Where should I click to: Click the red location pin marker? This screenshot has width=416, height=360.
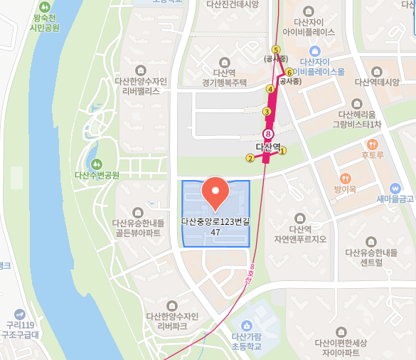coord(215,191)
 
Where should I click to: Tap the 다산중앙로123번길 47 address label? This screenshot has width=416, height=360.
coord(215,226)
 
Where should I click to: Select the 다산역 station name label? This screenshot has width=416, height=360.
coord(269,148)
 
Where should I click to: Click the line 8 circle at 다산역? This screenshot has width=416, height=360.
coord(268,134)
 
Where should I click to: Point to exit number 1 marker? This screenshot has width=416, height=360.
coord(282,151)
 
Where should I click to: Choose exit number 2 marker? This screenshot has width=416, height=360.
coord(249,159)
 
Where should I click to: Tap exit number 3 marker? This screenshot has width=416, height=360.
coord(267,112)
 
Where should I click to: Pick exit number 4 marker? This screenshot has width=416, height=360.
coord(270,89)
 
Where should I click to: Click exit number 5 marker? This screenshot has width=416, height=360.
coord(276,49)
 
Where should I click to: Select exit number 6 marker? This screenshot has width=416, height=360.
coord(289,72)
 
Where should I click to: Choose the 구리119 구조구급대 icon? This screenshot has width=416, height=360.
coord(18,314)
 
